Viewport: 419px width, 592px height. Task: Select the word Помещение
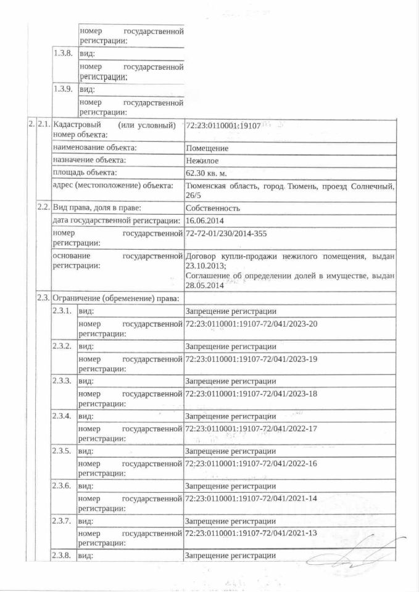point(207,148)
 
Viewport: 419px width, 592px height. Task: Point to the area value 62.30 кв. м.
point(208,173)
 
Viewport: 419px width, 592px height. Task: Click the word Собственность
point(213,208)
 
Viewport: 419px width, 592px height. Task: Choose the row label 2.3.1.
point(64,311)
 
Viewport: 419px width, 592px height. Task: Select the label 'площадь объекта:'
point(85,173)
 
